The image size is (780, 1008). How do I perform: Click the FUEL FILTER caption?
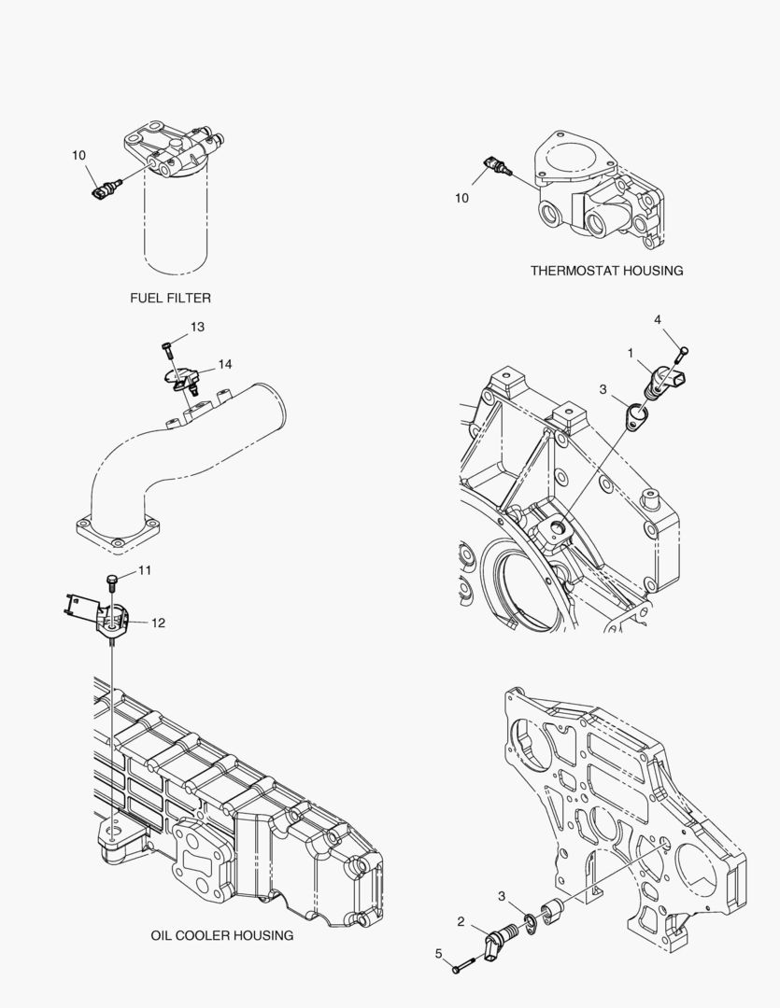click(x=170, y=298)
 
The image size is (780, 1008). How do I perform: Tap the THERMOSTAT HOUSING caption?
click(x=606, y=271)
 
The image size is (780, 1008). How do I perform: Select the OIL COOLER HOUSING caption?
click(x=221, y=934)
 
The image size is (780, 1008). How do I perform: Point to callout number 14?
click(x=225, y=363)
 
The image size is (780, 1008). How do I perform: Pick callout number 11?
click(x=145, y=569)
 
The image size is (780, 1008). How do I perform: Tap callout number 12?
click(x=158, y=623)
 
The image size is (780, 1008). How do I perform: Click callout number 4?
click(x=658, y=320)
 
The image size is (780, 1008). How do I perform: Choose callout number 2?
click(x=461, y=921)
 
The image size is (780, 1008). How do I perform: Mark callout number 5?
click(x=438, y=953)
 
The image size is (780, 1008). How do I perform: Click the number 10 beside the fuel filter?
click(x=78, y=155)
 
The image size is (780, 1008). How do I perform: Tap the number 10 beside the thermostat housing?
click(x=462, y=198)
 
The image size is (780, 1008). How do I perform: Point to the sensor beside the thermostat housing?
click(x=498, y=167)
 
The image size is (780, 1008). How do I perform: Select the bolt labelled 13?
click(x=166, y=351)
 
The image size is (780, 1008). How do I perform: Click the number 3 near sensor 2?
click(x=503, y=897)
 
